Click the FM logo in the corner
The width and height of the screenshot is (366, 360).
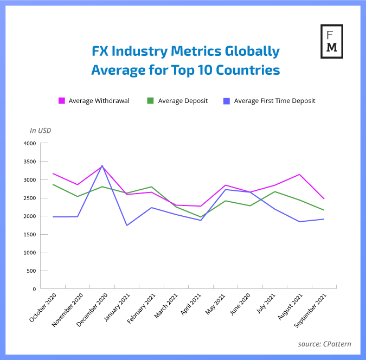click(x=331, y=41)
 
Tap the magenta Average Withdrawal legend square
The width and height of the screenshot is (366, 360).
click(x=62, y=101)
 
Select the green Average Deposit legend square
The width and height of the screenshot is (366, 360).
click(x=151, y=101)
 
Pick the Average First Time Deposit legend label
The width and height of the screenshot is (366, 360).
click(x=274, y=101)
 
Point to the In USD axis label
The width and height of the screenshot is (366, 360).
click(x=41, y=130)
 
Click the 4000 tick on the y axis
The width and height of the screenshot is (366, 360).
click(x=29, y=143)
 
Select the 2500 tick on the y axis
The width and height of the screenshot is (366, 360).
click(x=29, y=198)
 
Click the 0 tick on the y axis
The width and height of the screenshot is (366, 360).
click(x=34, y=289)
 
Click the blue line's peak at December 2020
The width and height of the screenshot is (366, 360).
click(x=102, y=166)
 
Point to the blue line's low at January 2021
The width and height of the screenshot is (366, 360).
click(x=127, y=225)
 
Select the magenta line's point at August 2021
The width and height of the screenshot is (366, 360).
click(x=299, y=175)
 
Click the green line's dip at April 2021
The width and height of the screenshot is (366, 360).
click(x=201, y=217)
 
